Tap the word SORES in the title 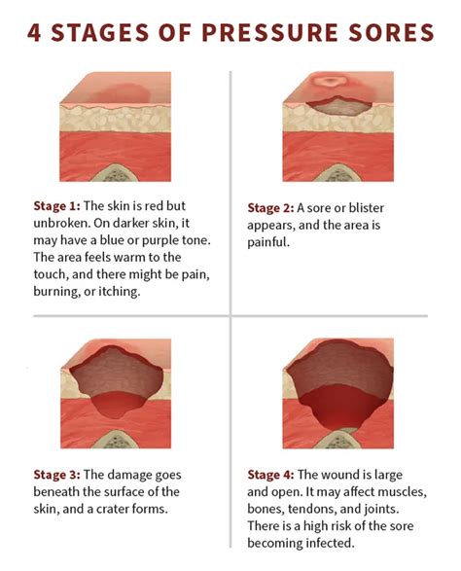[389, 33]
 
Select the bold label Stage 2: [276, 207]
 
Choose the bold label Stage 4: [276, 475]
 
